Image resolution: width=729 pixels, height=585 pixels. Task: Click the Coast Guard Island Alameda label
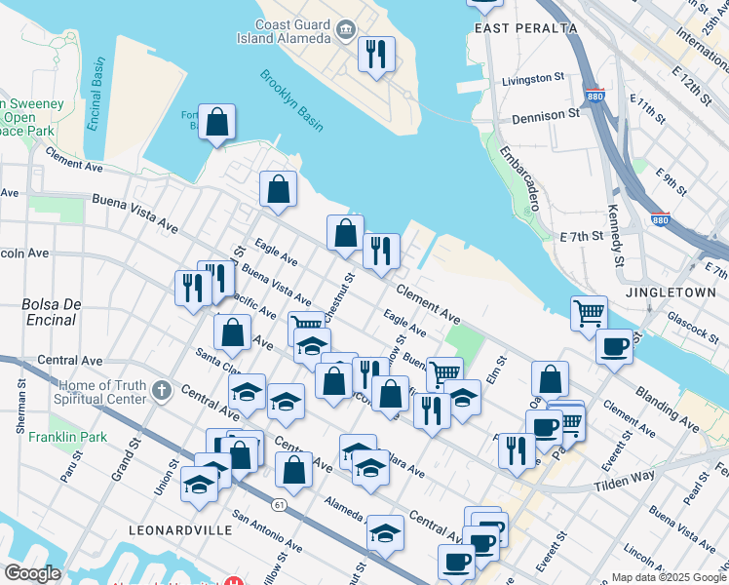292,32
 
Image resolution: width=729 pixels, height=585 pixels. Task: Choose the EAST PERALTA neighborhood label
518,28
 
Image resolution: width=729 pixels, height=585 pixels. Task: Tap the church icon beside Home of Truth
162,391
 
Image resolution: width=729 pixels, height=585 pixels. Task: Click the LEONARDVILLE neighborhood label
179,529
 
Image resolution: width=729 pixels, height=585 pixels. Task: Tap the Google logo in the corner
31,573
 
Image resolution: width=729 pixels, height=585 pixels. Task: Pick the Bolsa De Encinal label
50,312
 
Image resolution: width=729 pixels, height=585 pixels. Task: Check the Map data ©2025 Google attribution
668,576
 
